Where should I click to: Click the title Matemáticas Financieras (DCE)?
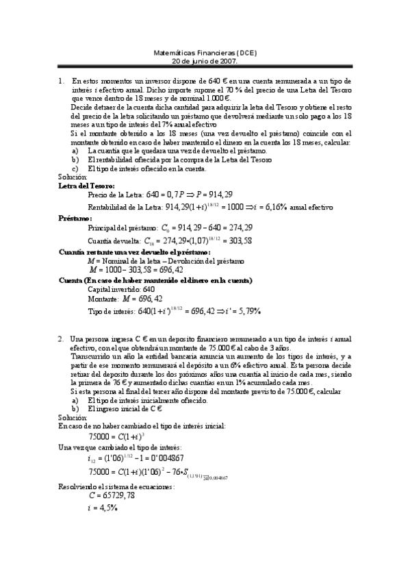tap(204, 52)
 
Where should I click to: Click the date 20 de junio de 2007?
tap(204, 60)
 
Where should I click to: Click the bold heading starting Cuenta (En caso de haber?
tap(155, 280)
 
